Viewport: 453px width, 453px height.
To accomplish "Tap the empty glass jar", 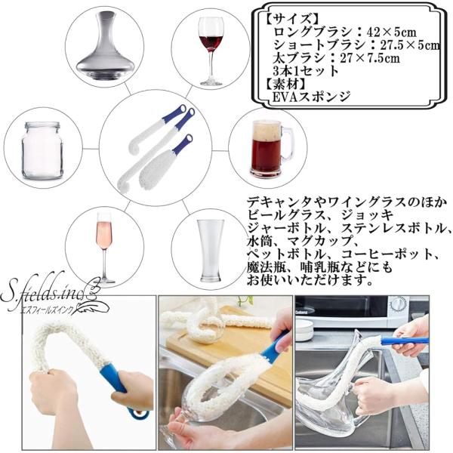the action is (x=42, y=150).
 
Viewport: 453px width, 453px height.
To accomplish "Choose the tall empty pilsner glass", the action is (x=211, y=251).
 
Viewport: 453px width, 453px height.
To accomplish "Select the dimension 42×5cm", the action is (x=392, y=32).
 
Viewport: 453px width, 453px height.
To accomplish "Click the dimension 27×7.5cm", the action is (x=370, y=58).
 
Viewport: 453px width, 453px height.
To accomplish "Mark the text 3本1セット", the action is (x=306, y=71).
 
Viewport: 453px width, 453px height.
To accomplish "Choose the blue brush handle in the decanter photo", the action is (x=405, y=341).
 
